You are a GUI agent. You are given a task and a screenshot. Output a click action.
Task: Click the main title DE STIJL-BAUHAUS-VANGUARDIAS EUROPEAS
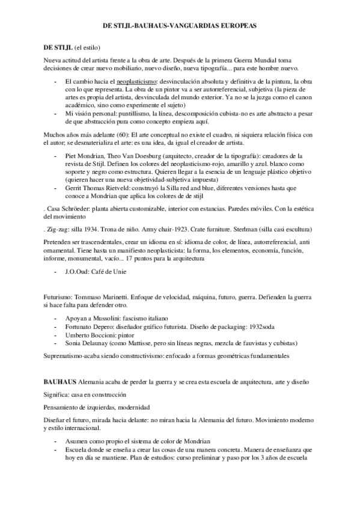179,26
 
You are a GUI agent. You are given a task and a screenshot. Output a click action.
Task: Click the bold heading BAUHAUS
63,382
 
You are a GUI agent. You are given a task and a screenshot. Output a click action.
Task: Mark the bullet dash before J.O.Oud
55,272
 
